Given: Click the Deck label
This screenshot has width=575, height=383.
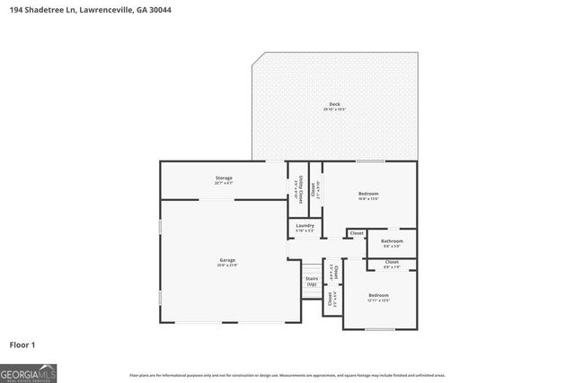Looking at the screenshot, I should coord(334,104).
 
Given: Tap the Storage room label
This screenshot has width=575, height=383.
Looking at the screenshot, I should coord(224,178).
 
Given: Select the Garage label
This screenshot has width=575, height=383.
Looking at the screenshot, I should coord(226,261).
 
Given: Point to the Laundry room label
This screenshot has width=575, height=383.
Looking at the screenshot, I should coord(305,226).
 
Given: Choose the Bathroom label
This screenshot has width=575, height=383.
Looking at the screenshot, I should coord(392,241).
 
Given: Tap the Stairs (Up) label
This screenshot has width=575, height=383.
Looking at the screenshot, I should coord(312,281).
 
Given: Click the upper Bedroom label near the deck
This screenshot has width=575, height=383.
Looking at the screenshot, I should coord(368,194).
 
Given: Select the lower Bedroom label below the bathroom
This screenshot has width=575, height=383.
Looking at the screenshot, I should coord(378,295).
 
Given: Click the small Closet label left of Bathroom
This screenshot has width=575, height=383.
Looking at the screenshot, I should coord(357,233).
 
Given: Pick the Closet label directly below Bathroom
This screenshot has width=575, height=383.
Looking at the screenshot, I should coord(392,262).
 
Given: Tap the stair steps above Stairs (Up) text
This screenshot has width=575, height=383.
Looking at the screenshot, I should coord(312,268).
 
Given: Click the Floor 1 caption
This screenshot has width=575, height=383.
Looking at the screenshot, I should coord(22,344).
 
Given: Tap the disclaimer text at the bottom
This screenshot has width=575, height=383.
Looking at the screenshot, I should coord(287,375).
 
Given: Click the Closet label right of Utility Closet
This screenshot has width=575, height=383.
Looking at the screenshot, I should coord(314,189).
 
